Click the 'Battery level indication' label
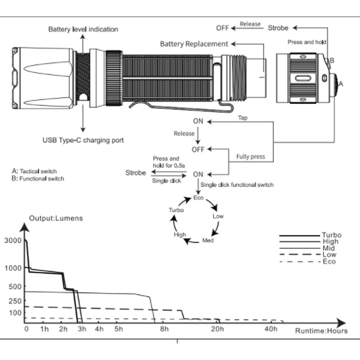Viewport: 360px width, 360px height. pyautogui.click(x=83, y=29)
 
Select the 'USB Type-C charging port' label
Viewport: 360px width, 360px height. pyautogui.click(x=83, y=140)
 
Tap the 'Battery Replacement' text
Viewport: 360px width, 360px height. pyautogui.click(x=194, y=44)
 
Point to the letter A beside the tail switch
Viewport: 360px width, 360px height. pyautogui.click(x=341, y=83)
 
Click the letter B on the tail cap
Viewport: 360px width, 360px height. pyautogui.click(x=332, y=60)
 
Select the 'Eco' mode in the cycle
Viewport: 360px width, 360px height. pyautogui.click(x=198, y=198)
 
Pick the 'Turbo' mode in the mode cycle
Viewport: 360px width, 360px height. pyautogui.click(x=175, y=210)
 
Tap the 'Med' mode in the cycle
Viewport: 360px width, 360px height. pyautogui.click(x=207, y=240)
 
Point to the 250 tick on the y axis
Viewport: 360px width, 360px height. pyautogui.click(x=15, y=301)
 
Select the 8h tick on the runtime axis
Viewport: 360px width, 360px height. pyautogui.click(x=164, y=329)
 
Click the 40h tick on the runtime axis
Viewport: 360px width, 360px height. pyautogui.click(x=271, y=329)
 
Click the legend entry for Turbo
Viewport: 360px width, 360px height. pyautogui.click(x=331, y=235)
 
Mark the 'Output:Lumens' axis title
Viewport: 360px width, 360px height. pyautogui.click(x=56, y=218)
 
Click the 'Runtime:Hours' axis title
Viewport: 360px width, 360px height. pyautogui.click(x=321, y=331)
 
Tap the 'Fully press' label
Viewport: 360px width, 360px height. pyautogui.click(x=251, y=157)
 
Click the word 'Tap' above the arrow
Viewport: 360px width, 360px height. pyautogui.click(x=243, y=117)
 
